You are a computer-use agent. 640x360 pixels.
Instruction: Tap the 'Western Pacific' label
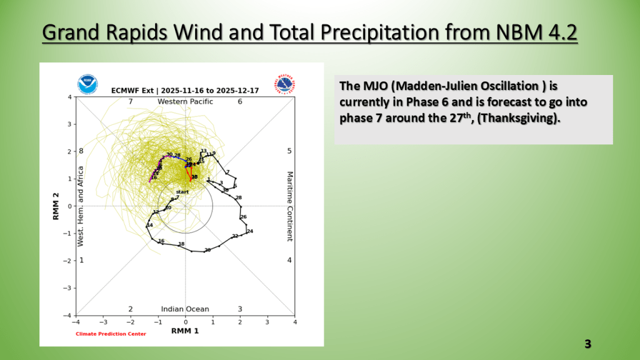click(x=185, y=101)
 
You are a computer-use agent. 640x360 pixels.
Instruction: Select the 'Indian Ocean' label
click(x=185, y=309)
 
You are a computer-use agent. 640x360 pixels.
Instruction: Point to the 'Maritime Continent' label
click(x=289, y=206)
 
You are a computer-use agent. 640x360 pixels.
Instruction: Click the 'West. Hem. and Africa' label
click(x=81, y=206)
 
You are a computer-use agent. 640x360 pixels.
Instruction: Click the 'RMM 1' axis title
click(x=185, y=330)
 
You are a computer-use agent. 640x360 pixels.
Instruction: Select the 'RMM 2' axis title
click(x=56, y=206)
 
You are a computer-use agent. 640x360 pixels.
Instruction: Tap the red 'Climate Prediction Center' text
click(x=111, y=334)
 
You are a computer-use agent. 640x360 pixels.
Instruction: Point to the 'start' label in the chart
click(x=182, y=191)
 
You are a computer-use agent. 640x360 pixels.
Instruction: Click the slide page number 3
click(x=587, y=344)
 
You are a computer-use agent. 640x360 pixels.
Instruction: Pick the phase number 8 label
click(x=81, y=151)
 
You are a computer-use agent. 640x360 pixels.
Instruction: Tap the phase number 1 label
click(x=81, y=259)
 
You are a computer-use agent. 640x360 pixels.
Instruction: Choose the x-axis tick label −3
click(x=102, y=322)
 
